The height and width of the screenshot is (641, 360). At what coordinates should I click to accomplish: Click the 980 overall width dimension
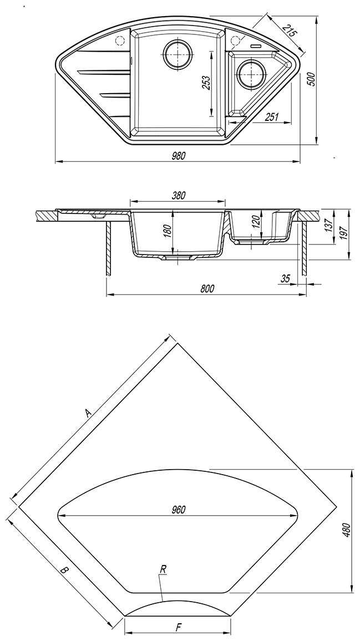(178, 156)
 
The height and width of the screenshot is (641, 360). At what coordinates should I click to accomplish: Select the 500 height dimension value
(311, 79)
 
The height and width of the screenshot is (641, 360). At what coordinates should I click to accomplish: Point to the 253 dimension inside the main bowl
(206, 83)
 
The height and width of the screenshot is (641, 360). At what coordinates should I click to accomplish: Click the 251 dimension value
(272, 116)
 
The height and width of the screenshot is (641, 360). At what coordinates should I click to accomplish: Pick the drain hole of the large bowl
(178, 54)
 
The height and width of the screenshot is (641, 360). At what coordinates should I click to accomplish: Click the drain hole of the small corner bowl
(250, 73)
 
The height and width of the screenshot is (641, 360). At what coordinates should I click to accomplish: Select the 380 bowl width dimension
(178, 195)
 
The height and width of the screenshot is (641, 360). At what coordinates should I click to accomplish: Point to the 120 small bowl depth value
(255, 223)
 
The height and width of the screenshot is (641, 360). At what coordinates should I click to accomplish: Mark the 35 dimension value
(286, 279)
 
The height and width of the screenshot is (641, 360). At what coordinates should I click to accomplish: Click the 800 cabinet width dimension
(206, 288)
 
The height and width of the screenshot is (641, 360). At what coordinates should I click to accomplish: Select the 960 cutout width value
(178, 510)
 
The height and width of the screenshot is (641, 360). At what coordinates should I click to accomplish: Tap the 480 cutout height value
(345, 531)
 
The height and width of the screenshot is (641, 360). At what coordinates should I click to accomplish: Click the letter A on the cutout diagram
(87, 413)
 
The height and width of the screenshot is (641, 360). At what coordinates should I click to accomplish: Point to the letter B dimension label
(64, 569)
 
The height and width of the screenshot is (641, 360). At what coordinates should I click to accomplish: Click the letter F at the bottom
(178, 628)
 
